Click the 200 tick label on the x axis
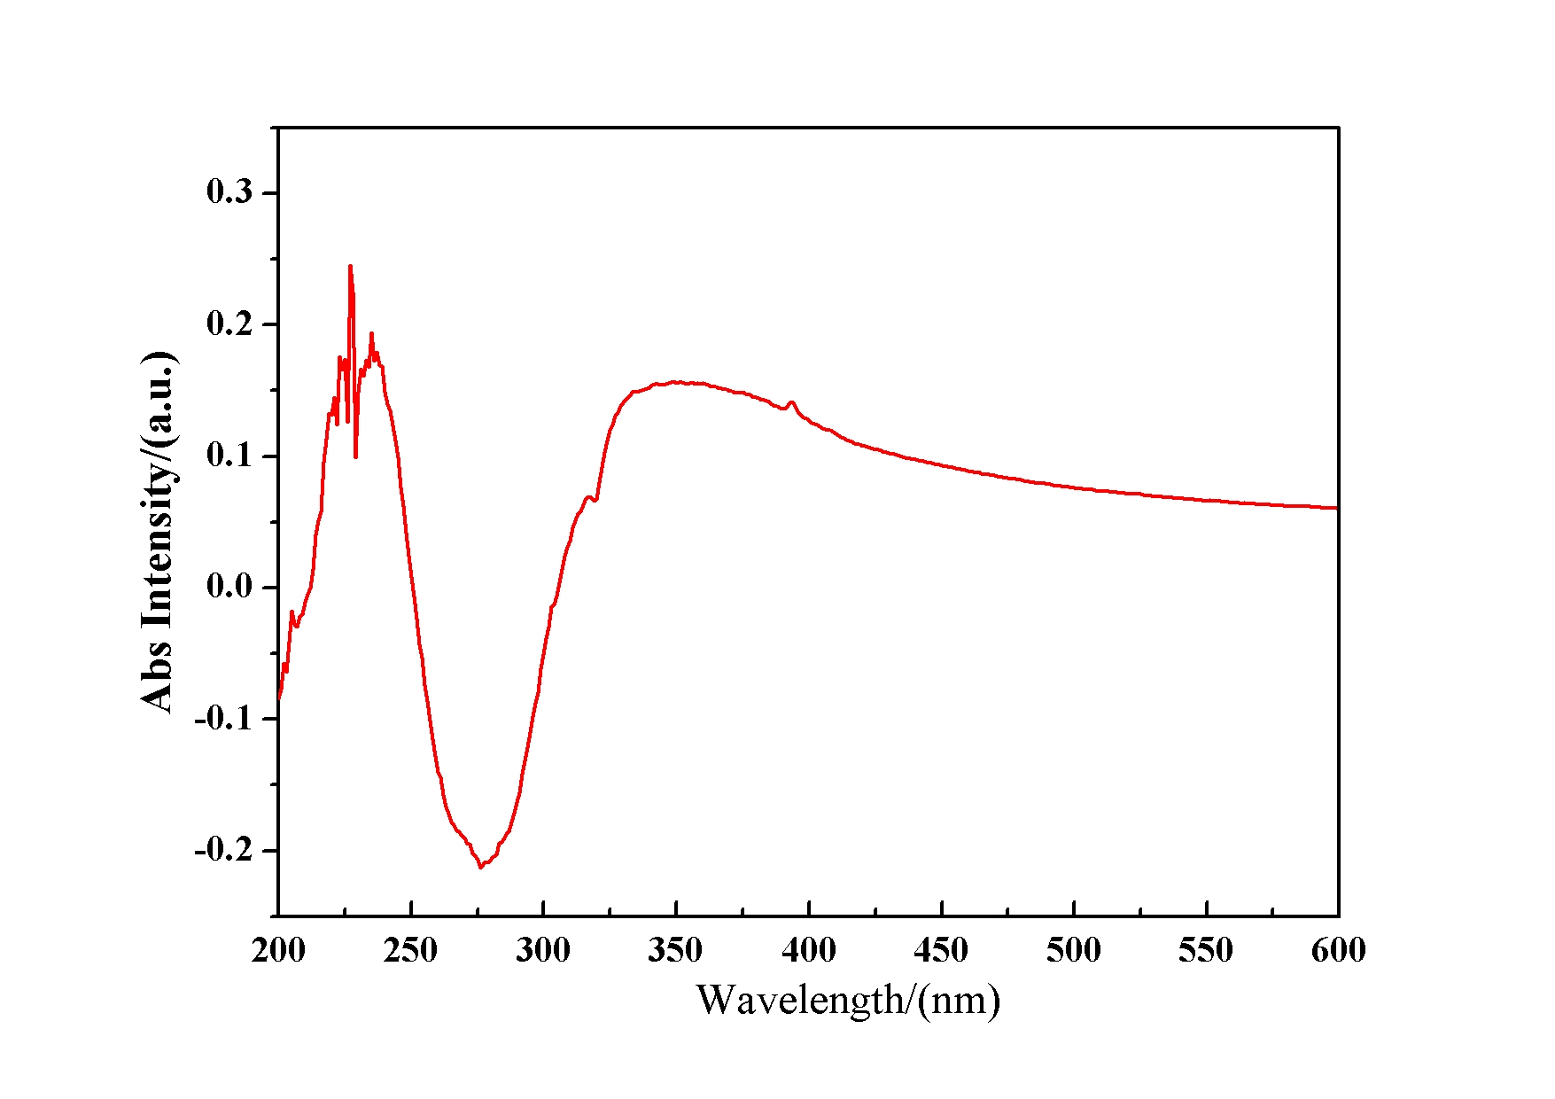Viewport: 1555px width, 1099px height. [x=278, y=951]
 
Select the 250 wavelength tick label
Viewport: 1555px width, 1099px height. [x=410, y=951]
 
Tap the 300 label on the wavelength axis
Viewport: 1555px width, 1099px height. [x=543, y=951]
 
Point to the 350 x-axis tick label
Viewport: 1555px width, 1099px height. [x=675, y=951]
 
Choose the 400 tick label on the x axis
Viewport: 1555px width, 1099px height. [x=808, y=951]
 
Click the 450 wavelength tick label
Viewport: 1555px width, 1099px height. [x=941, y=951]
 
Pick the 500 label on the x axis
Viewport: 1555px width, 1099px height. [x=1073, y=951]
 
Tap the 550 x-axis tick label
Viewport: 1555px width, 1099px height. [x=1206, y=951]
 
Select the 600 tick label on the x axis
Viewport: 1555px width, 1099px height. [x=1338, y=951]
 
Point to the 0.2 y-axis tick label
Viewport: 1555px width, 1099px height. [x=229, y=323]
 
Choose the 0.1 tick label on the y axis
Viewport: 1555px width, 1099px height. [x=229, y=456]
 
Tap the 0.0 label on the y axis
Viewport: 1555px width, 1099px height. [x=229, y=587]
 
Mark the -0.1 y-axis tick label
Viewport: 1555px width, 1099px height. [x=223, y=718]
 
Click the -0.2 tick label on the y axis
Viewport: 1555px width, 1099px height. [x=223, y=850]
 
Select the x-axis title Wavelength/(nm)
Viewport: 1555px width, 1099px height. [x=848, y=1001]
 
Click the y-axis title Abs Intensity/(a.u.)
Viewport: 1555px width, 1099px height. [x=159, y=532]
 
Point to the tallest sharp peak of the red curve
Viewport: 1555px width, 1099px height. [x=350, y=266]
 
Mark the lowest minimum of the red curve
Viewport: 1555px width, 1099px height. [x=481, y=867]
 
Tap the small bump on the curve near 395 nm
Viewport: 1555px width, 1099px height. [x=792, y=402]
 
